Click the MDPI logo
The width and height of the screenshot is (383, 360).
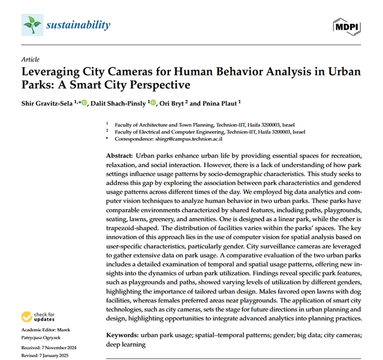pos(346,25)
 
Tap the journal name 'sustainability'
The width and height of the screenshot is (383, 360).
pos(79,25)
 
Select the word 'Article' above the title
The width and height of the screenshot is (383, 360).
pos(29,60)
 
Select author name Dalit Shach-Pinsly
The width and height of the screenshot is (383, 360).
pos(121,104)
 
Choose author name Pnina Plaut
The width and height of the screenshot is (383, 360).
pos(222,104)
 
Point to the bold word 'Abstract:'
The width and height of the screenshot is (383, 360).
pos(117,155)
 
